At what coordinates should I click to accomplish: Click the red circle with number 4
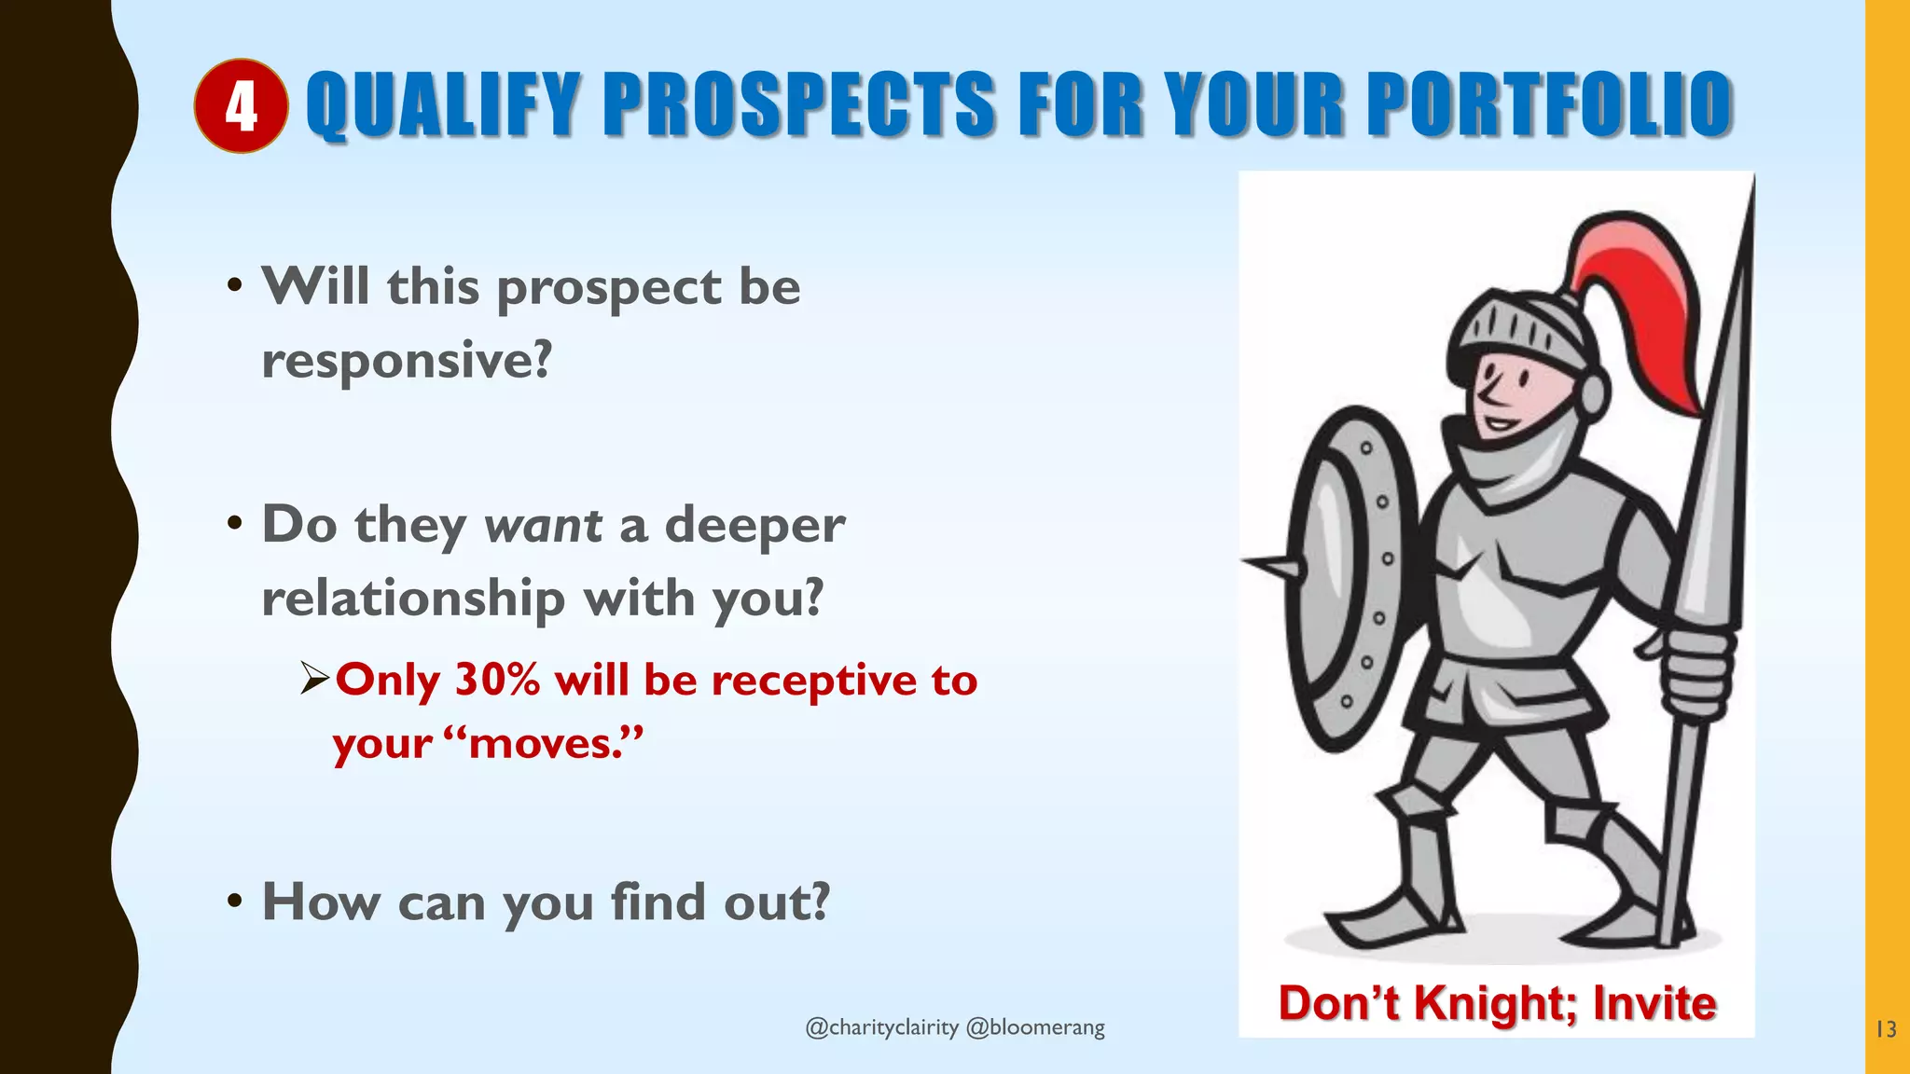(241, 106)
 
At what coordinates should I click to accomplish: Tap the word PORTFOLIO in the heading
(1549, 104)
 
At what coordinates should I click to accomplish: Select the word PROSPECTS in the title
(800, 104)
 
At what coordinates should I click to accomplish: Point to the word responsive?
(407, 361)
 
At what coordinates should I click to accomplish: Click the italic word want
(543, 525)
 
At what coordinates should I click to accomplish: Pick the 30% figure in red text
(497, 680)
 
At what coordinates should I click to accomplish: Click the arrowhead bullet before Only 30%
(315, 678)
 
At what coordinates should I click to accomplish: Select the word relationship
(413, 598)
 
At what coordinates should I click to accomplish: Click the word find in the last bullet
(657, 902)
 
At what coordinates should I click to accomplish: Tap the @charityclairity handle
(881, 1027)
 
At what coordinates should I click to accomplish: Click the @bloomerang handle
(1035, 1027)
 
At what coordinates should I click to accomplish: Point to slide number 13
(1886, 1029)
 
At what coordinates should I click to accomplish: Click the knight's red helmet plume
(1641, 298)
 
